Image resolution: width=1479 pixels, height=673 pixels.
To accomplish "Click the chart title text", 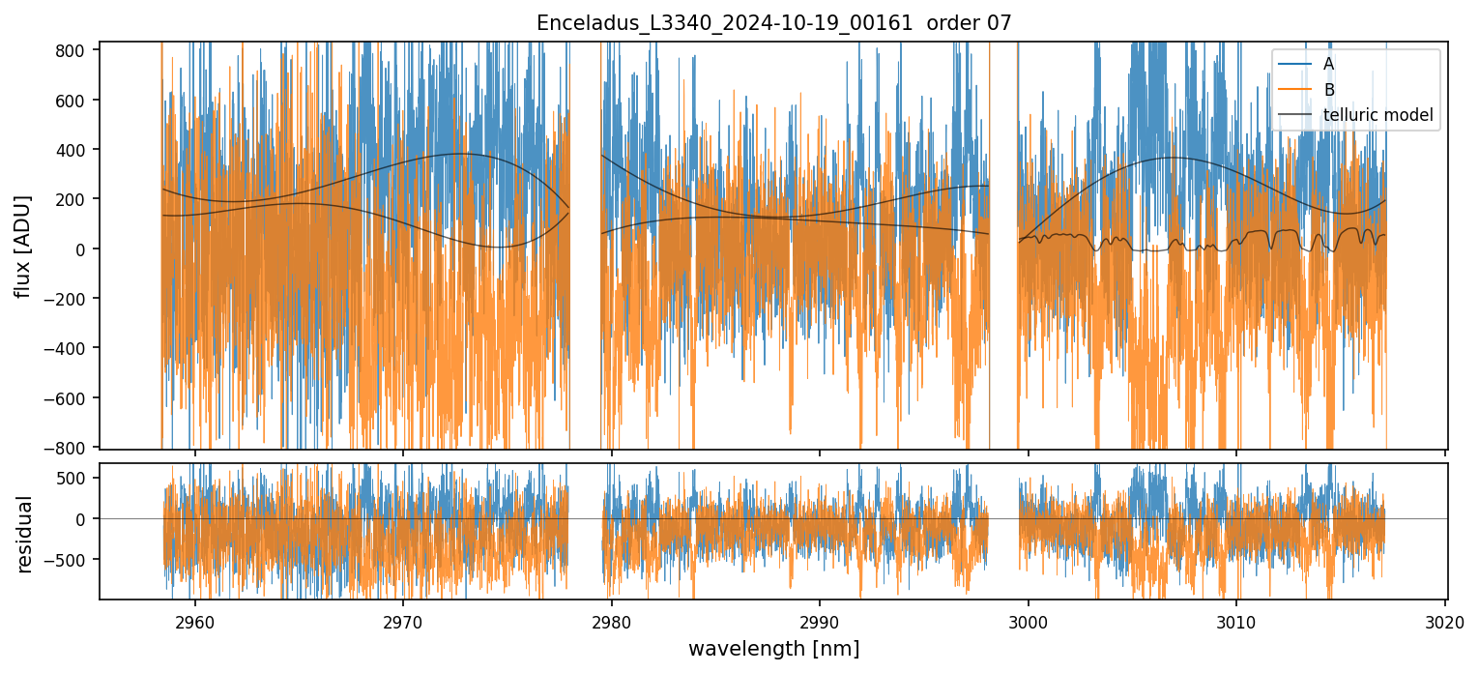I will tap(773, 23).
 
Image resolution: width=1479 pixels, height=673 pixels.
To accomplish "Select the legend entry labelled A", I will tap(1329, 64).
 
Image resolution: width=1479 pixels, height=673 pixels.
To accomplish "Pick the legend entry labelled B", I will tap(1329, 90).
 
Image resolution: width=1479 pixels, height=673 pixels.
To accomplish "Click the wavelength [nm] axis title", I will tap(773, 649).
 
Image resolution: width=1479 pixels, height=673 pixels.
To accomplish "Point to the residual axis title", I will tap(24, 533).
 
